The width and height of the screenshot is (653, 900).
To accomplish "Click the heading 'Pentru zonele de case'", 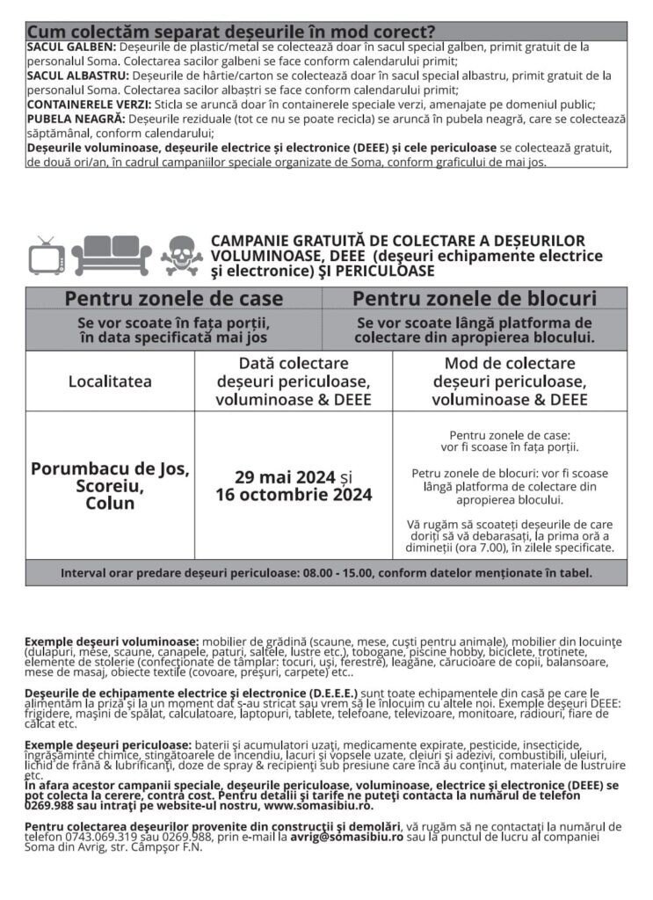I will [x=173, y=299].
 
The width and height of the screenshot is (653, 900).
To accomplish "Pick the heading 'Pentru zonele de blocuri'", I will [x=475, y=299].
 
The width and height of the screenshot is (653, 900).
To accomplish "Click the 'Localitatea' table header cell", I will [x=110, y=381].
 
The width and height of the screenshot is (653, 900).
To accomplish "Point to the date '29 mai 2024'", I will [x=285, y=477].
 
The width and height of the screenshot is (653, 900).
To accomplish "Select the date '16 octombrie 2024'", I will [x=294, y=495].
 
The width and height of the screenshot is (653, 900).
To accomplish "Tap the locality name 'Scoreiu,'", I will [x=110, y=486].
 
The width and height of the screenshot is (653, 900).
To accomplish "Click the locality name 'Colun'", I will [x=110, y=504].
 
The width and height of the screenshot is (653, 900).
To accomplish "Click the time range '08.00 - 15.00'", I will [x=337, y=573].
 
